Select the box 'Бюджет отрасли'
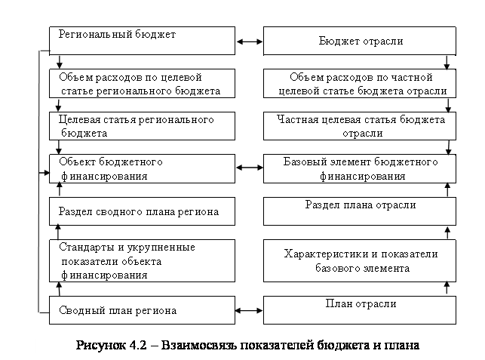[x=360, y=41]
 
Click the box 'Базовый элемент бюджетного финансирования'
[x=360, y=168]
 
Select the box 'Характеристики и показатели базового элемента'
[x=360, y=260]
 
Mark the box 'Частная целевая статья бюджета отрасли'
[x=360, y=126]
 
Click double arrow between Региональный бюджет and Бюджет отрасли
[x=248, y=42]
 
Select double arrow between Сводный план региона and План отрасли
[x=248, y=309]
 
